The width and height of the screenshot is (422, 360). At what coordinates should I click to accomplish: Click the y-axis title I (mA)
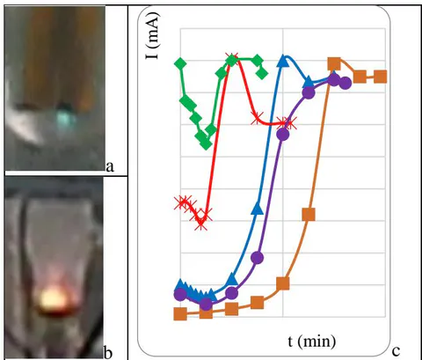pos(153,36)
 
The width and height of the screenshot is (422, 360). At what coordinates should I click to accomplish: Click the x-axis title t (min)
pos(312,342)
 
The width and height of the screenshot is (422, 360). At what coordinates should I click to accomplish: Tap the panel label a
pos(110,166)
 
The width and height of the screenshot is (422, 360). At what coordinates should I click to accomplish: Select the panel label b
pos(108,353)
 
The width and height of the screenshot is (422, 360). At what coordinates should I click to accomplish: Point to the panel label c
pos(396,351)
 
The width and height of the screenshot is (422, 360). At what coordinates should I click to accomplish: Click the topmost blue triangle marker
pos(283,60)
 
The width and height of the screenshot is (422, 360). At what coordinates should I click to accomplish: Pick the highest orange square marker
pos(334,63)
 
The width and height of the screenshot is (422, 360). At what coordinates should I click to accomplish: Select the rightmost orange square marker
pos(381,77)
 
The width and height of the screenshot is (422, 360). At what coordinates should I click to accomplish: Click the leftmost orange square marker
pos(180,314)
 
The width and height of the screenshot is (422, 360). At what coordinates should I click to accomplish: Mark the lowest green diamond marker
pos(207,143)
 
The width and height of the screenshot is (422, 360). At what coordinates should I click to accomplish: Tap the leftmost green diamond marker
pos(180,63)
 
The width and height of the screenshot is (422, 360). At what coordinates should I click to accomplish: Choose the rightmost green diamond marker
pos(262,73)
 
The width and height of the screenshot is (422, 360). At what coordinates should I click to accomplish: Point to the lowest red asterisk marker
pos(201,224)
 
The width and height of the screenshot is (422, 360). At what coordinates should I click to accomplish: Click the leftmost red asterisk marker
pos(180,202)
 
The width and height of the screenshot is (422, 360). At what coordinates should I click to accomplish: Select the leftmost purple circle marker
pos(180,294)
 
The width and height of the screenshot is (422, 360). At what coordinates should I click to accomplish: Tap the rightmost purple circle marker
pos(346,83)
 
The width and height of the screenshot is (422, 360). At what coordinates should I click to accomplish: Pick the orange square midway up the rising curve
pos(309,214)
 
